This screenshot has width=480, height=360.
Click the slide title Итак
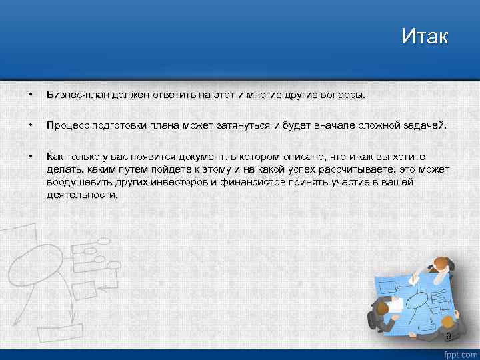point(425,35)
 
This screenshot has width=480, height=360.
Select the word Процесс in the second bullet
point(65,125)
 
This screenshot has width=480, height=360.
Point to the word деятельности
point(82,195)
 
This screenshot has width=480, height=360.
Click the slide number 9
point(448,335)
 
